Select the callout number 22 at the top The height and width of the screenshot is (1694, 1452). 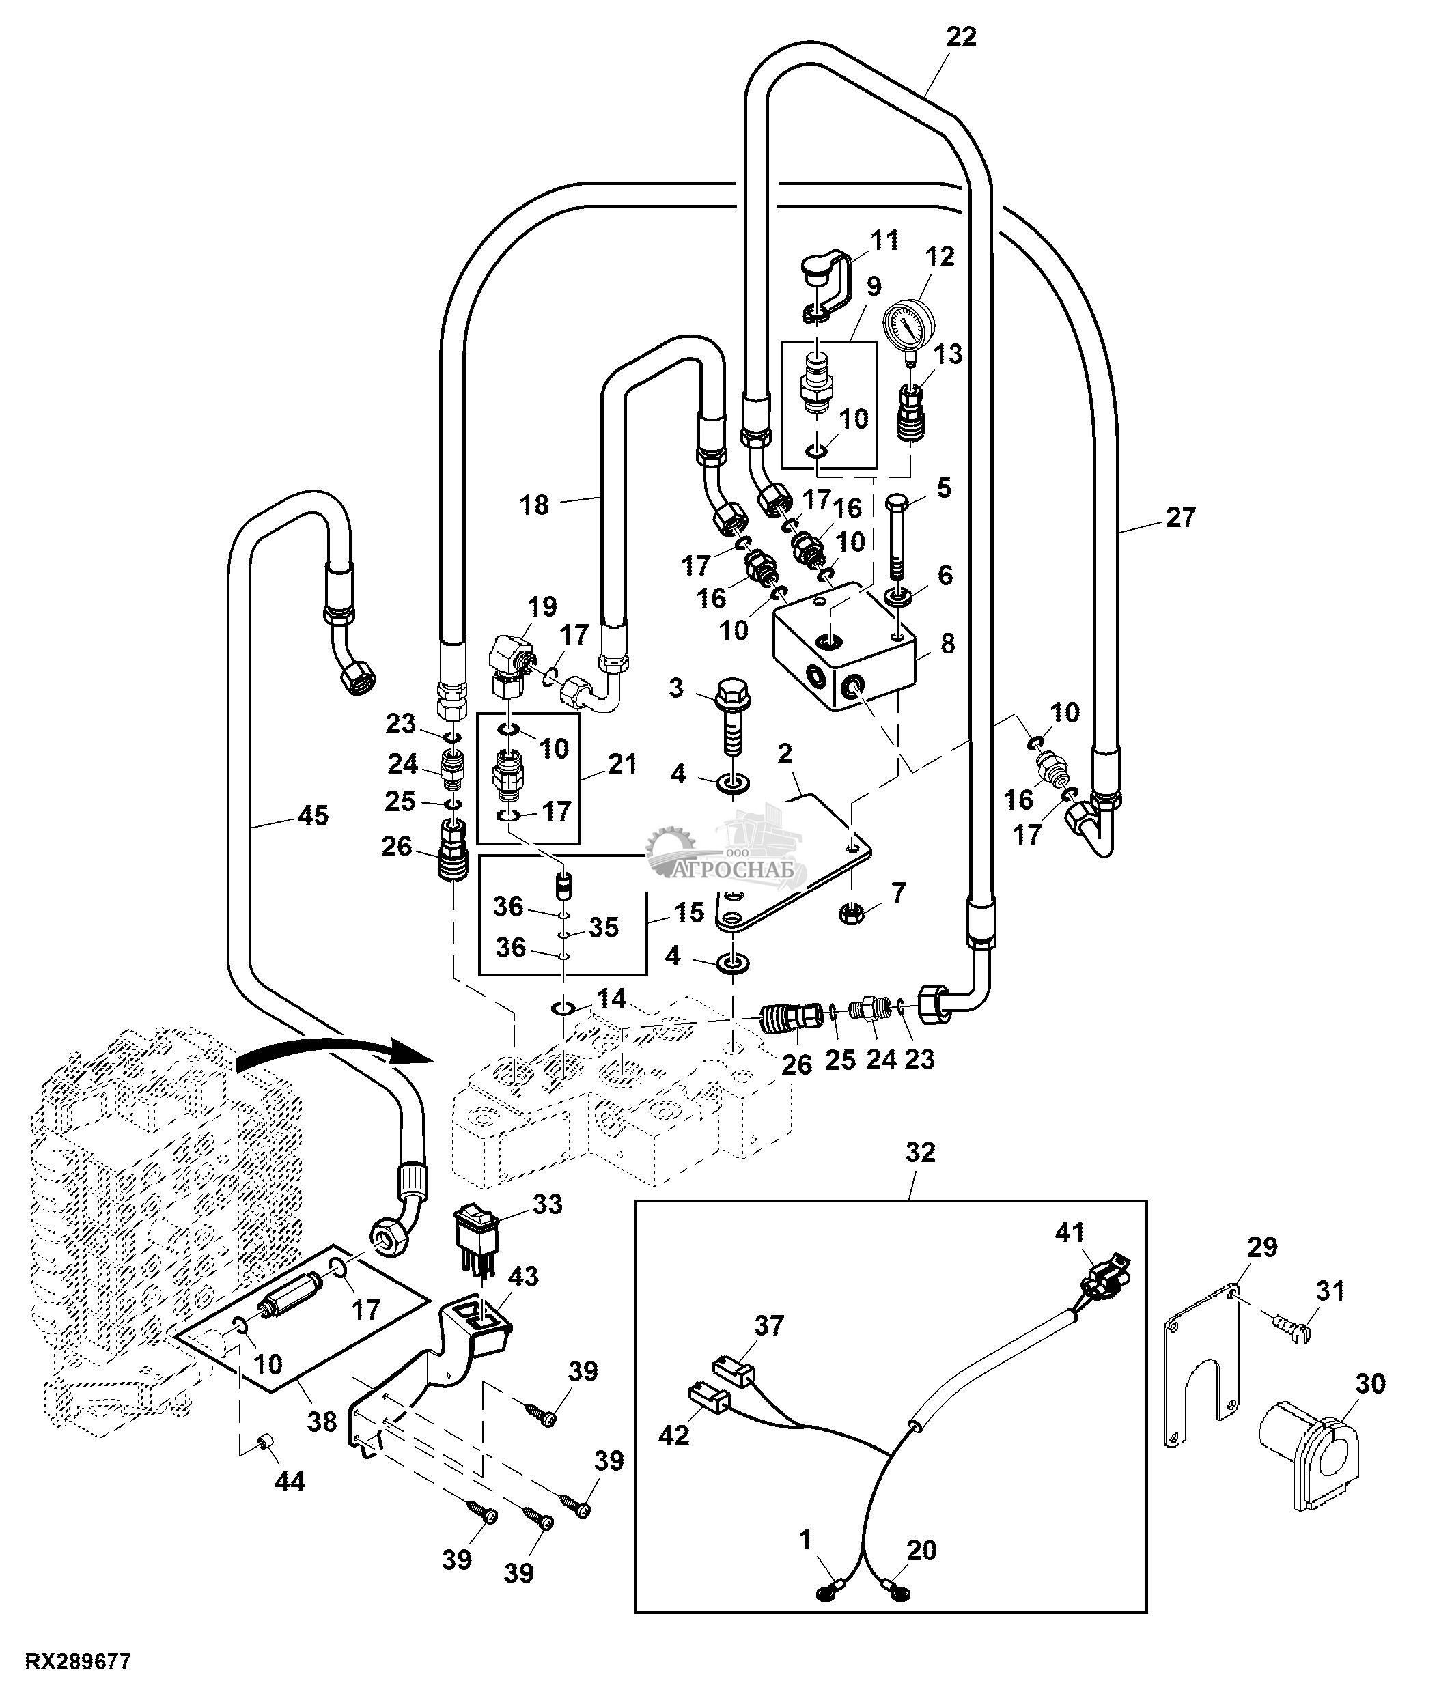pyautogui.click(x=962, y=38)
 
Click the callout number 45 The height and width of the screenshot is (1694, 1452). pyautogui.click(x=312, y=816)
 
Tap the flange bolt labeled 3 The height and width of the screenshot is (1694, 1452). pyautogui.click(x=731, y=716)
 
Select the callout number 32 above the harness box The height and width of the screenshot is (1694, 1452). pyautogui.click(x=920, y=1153)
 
